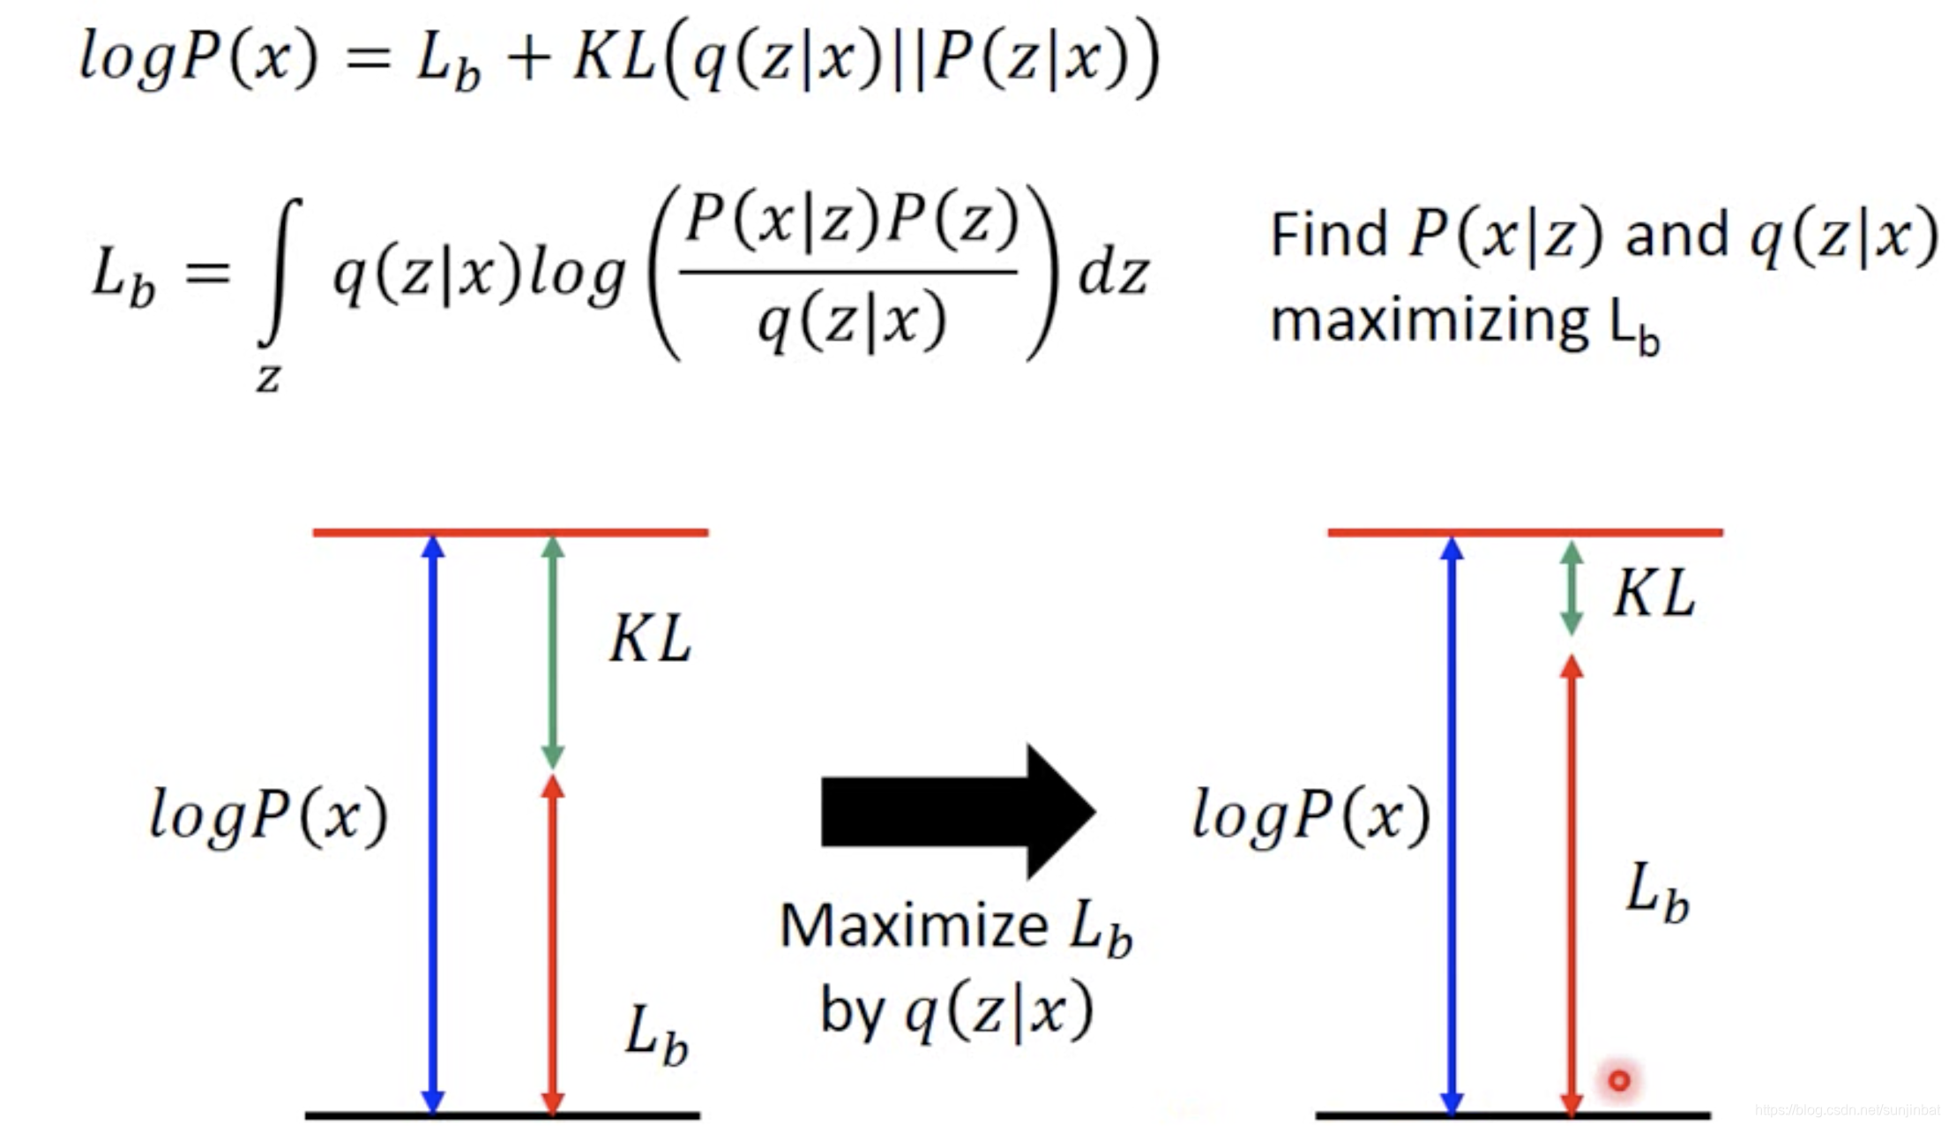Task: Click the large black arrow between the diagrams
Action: tap(957, 812)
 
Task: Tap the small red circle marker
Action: tap(1619, 1079)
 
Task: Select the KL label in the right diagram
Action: tap(1654, 592)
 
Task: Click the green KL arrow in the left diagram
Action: tap(552, 653)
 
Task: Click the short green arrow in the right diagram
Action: tap(1572, 588)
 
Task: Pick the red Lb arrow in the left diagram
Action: tap(552, 944)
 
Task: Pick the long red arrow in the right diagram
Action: tap(1572, 882)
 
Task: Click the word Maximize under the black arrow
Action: tap(914, 927)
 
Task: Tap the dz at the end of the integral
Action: tap(1113, 274)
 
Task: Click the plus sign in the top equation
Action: tap(528, 60)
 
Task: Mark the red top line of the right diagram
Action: tap(1525, 532)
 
